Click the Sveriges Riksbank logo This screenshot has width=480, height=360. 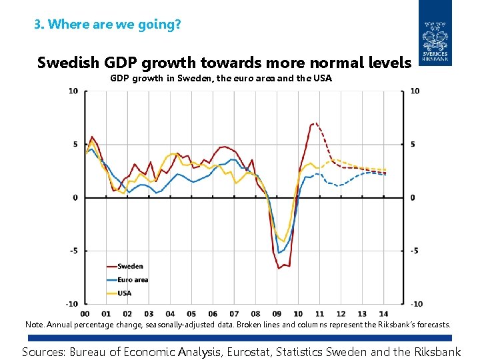(435, 34)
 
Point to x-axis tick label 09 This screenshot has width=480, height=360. (277, 313)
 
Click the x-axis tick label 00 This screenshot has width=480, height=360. (85, 313)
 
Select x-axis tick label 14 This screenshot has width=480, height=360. (384, 313)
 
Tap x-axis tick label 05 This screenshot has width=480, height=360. (191, 313)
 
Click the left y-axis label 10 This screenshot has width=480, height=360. (73, 91)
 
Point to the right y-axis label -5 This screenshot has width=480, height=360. (415, 251)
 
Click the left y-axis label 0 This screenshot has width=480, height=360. (76, 197)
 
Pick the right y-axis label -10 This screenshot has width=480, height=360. (416, 304)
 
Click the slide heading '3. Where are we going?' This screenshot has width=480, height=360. (107, 25)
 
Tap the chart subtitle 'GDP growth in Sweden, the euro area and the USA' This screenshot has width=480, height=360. (221, 79)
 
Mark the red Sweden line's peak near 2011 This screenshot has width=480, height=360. (315, 123)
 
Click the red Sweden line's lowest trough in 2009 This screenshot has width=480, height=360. (279, 268)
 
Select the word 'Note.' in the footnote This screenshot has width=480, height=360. (35, 325)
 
